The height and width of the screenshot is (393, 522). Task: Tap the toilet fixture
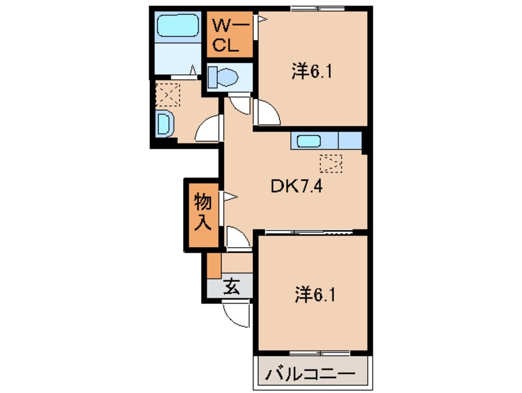223,77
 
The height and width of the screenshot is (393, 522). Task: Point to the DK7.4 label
295,185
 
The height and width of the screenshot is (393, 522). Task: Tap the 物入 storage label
202,212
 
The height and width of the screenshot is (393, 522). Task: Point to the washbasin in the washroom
164,124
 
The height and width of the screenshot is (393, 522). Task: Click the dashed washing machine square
166,95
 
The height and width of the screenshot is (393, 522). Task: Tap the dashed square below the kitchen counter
331,163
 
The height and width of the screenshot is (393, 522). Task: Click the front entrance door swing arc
236,314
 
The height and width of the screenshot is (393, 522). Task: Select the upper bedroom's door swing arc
267,114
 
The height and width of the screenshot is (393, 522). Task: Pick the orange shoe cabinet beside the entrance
213,265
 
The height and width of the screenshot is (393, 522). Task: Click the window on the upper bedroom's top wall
313,7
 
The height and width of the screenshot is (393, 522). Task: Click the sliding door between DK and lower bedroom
309,232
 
